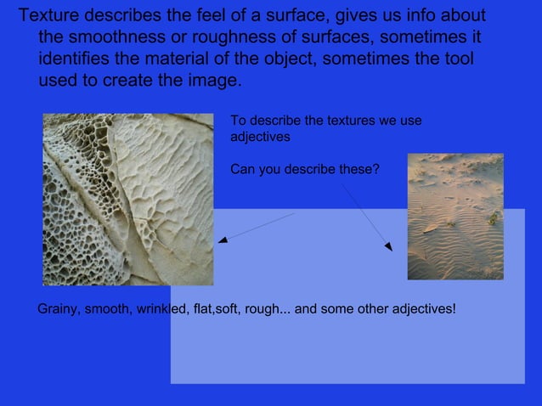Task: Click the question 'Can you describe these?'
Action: pos(305,169)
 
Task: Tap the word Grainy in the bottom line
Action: pos(58,307)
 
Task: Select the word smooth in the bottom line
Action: pos(104,307)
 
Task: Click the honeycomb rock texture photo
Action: pos(127,200)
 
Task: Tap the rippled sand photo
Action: pos(455,217)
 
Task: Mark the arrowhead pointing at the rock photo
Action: pos(222,240)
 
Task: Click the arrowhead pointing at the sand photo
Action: pos(388,247)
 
